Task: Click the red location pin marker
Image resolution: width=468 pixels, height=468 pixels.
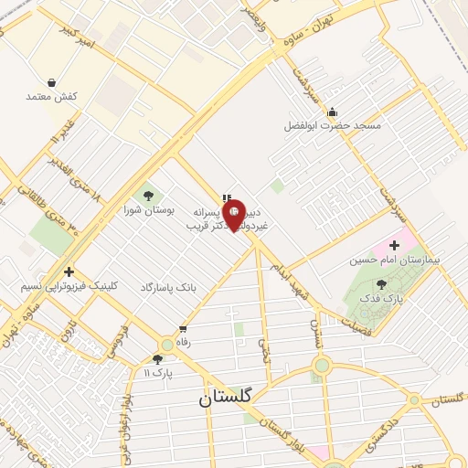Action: point(233,215)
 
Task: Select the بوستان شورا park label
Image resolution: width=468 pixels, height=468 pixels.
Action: point(145,210)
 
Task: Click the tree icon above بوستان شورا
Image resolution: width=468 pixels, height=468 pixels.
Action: point(146,195)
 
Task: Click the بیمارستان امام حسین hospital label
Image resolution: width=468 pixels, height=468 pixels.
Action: point(394,261)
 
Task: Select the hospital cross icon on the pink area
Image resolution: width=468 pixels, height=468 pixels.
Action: point(394,245)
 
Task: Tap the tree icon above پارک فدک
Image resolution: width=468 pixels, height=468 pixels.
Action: point(381,284)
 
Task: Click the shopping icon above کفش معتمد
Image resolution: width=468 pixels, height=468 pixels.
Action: point(52,82)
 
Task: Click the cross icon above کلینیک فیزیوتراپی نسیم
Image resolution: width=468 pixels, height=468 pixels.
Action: point(69,271)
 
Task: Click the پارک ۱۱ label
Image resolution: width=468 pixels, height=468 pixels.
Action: point(158,373)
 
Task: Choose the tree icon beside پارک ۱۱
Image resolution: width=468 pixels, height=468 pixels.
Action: point(158,359)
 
